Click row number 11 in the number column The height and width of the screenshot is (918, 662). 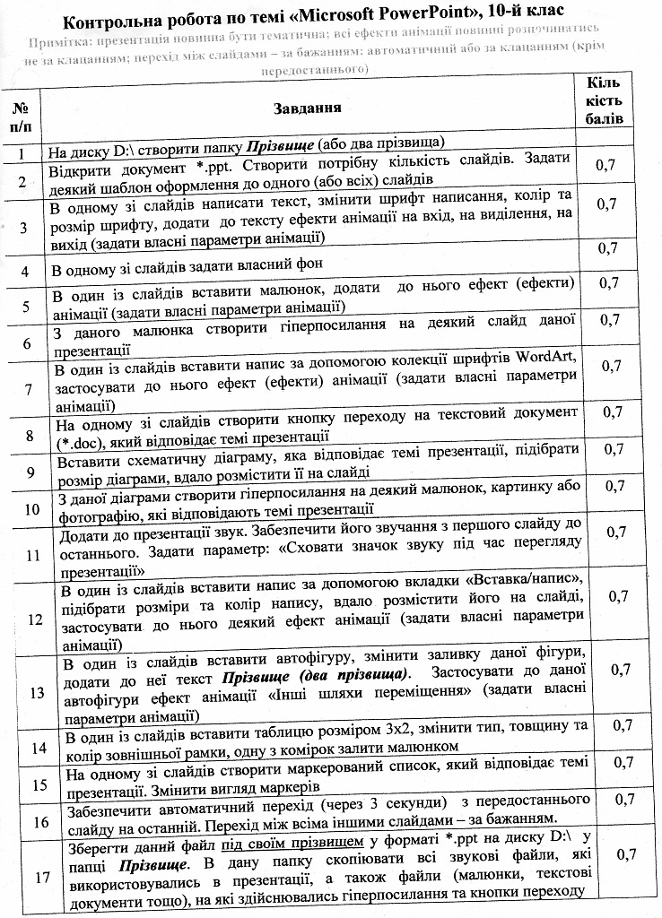[29, 553]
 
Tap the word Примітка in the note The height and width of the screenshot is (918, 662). [59, 41]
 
